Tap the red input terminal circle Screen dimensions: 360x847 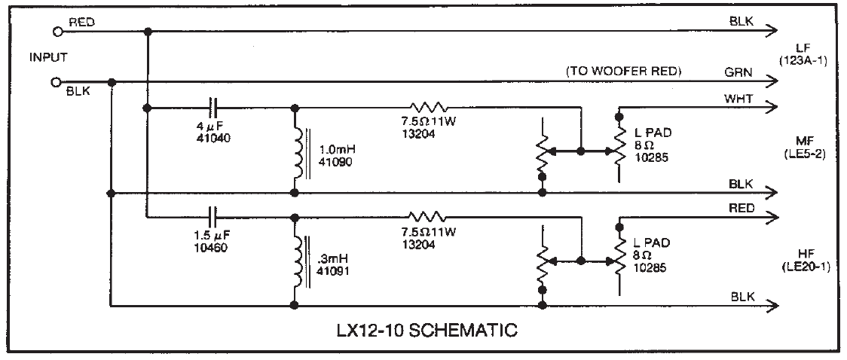coord(57,32)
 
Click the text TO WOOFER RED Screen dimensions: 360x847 coord(623,72)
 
